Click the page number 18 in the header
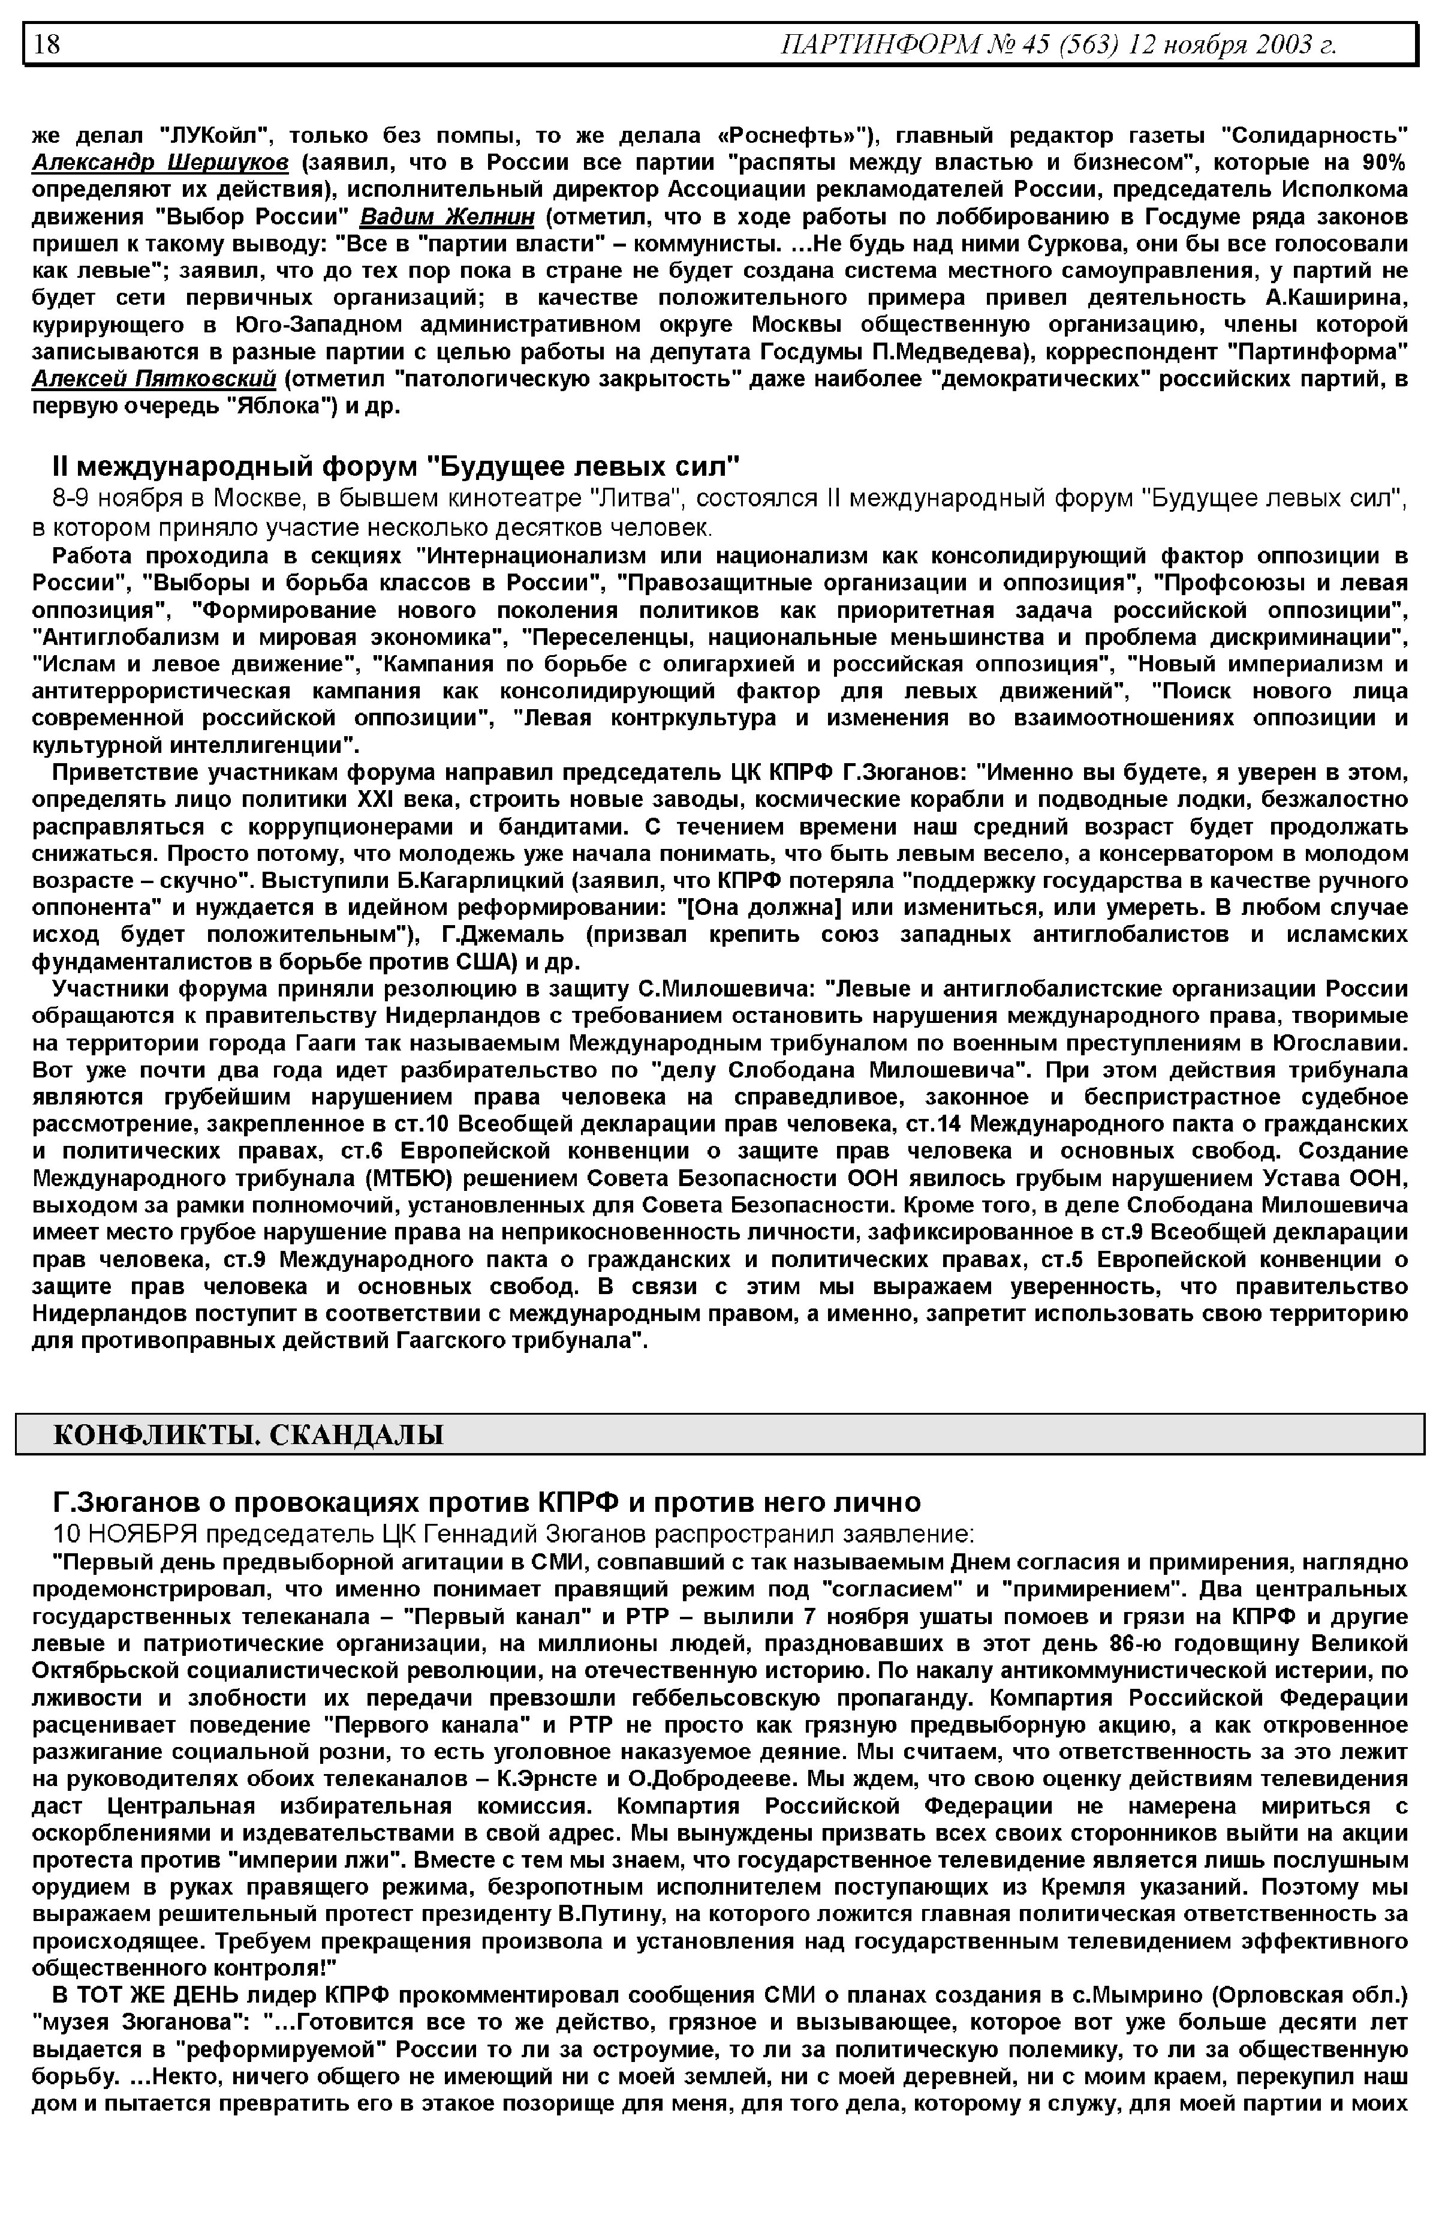point(47,44)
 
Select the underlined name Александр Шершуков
point(161,163)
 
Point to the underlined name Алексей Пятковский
point(154,379)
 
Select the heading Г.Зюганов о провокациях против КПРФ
point(486,1502)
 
